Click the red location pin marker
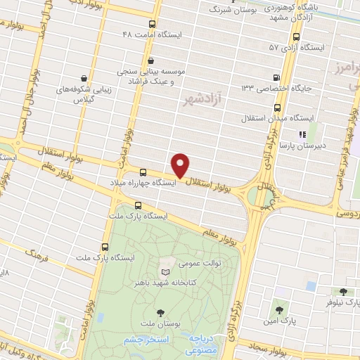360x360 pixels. point(181,165)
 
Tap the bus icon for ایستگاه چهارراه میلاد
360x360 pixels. point(143,172)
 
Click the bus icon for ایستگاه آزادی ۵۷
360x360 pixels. point(296,37)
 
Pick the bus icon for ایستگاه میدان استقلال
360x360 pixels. point(277,108)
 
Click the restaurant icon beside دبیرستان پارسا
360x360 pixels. point(302,134)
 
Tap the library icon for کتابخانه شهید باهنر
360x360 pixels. point(166,272)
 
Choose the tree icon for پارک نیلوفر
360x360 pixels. point(343,292)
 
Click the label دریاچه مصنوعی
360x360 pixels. point(204,344)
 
